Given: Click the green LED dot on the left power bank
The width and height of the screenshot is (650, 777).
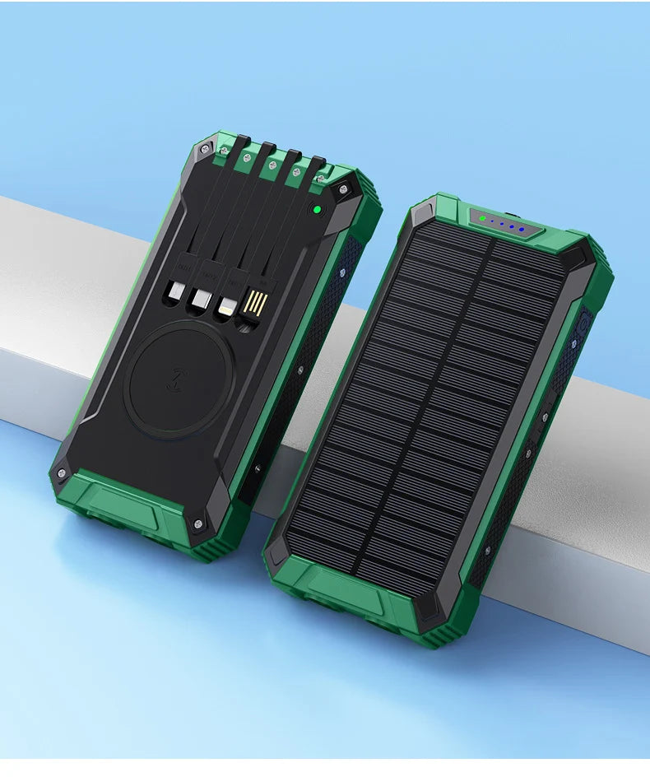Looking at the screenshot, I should [316, 211].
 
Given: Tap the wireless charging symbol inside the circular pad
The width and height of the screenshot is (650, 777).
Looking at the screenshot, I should [178, 379].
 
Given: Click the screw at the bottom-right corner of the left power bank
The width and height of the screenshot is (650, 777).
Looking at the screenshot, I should [198, 523].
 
